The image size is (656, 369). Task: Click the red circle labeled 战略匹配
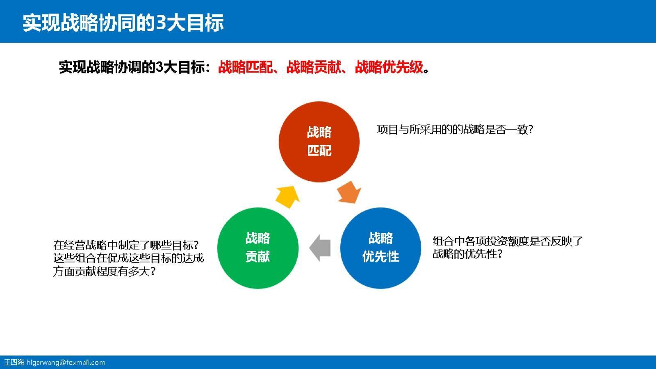coord(319,141)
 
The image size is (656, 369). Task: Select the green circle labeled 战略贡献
coord(257,248)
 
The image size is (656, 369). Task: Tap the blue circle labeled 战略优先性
coord(380,248)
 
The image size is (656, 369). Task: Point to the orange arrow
coord(349,192)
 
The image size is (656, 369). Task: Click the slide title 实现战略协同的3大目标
coord(123,23)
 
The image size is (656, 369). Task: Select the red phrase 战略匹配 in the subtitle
coord(245,67)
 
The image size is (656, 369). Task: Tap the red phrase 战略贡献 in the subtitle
coord(314,67)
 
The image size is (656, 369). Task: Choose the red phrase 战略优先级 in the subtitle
coord(389,67)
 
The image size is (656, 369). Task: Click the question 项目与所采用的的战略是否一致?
coord(455,130)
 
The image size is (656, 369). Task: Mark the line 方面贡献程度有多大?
coord(105,271)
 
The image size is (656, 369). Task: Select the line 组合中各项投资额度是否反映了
coord(508,241)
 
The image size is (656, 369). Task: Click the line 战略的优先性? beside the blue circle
coord(467,254)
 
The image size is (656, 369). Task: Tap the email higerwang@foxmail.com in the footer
coord(66,362)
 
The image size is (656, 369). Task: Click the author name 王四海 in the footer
coord(14,362)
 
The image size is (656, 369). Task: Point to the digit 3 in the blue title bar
coord(161,23)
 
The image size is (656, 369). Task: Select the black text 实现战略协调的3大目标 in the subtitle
coord(132,67)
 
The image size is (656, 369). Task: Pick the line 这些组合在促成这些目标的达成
coord(128,258)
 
